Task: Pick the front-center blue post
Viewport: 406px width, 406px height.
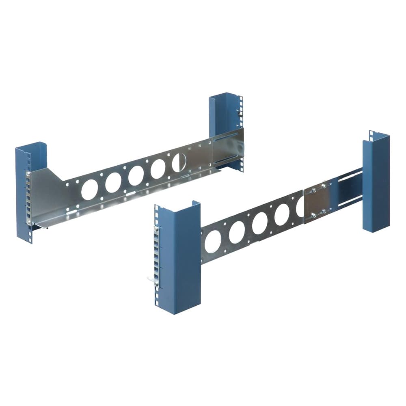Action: coord(179,260)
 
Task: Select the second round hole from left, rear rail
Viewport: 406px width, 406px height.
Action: coord(113,182)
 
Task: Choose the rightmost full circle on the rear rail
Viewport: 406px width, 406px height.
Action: coord(158,168)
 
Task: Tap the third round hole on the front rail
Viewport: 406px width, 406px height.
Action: coord(260,223)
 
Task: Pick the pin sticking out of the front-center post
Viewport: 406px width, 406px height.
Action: coord(151,279)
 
